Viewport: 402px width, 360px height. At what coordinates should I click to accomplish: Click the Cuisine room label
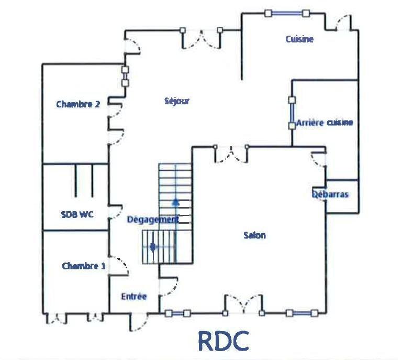point(299,39)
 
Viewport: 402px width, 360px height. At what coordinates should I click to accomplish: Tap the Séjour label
point(177,101)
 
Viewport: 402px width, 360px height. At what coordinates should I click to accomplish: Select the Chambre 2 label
point(78,104)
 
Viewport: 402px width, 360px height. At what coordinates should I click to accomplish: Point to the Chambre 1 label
point(84,266)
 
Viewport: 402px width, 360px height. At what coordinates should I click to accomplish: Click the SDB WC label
point(77,214)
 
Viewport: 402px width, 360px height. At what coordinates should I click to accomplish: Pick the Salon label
point(254,235)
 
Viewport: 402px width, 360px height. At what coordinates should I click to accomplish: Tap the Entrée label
point(134,296)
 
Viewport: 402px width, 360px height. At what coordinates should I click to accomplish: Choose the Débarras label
point(330,194)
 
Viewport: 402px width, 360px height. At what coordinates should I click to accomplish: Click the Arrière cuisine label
point(325,123)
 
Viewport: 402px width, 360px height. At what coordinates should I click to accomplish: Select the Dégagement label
point(153,220)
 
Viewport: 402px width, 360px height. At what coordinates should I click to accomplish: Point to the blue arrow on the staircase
point(176,201)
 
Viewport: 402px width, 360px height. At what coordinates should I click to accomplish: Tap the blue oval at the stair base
point(152,246)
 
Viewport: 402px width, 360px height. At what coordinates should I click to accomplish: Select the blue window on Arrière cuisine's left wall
point(292,111)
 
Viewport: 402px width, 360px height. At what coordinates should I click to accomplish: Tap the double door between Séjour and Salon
point(231,154)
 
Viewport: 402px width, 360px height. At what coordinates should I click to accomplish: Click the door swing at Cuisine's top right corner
point(343,23)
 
